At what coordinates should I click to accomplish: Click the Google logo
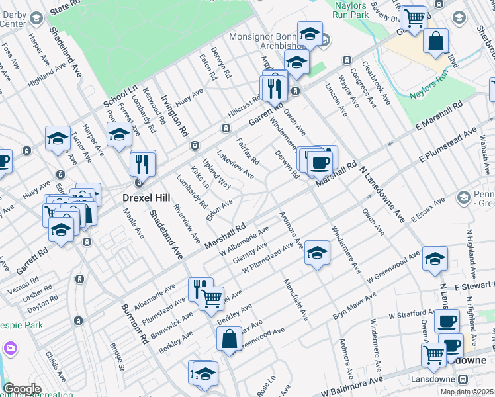tap(22, 389)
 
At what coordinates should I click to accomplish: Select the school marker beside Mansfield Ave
tap(317, 253)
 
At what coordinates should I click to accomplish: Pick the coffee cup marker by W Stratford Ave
tap(447, 321)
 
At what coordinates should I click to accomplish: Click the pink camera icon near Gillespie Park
tap(9, 347)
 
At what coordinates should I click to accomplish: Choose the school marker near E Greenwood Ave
tap(435, 259)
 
